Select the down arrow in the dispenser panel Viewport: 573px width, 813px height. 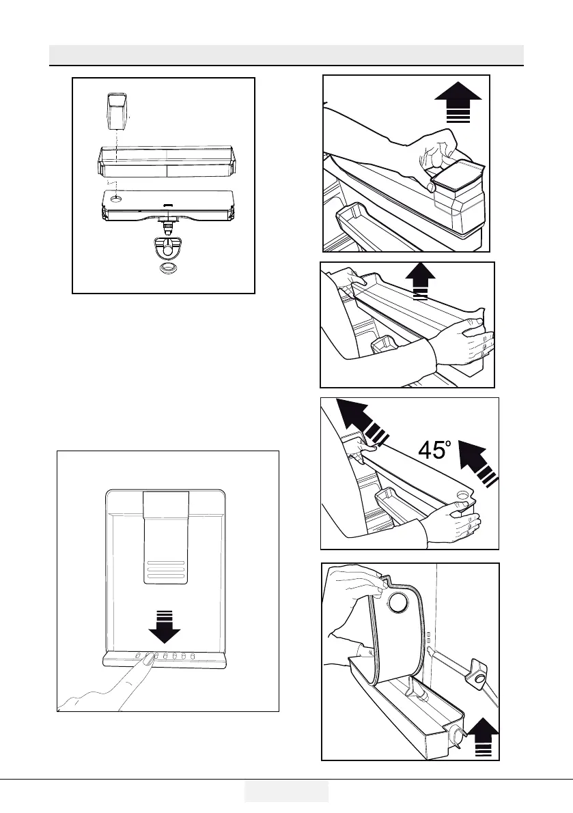click(x=164, y=627)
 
